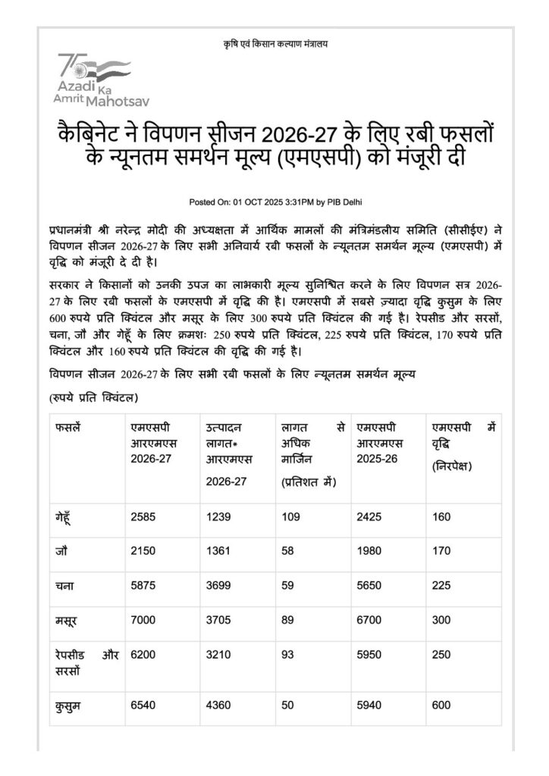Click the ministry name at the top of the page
(x=274, y=42)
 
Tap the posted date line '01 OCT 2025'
(x=274, y=202)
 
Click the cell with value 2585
(x=143, y=517)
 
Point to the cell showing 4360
(x=218, y=706)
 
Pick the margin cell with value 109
(x=290, y=517)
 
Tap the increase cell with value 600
(x=441, y=706)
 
